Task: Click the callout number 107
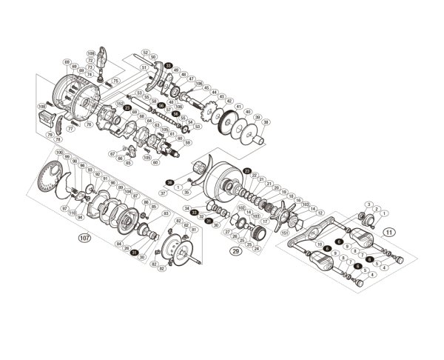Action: tap(84, 239)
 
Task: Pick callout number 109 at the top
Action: tap(91, 54)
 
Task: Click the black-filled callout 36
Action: tap(169, 181)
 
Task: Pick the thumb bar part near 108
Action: tap(42, 119)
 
